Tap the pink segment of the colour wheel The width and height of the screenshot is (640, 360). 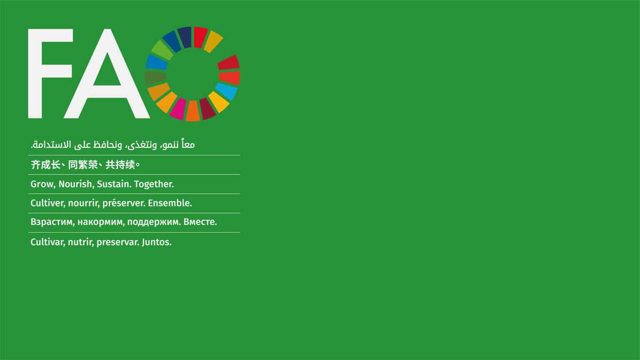click(x=178, y=109)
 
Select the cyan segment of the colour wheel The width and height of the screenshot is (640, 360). click(x=226, y=91)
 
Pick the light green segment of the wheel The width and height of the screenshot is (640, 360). click(x=162, y=50)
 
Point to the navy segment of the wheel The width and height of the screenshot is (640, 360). click(x=185, y=37)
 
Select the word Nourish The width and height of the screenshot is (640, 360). click(x=76, y=184)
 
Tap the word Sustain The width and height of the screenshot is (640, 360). click(x=114, y=184)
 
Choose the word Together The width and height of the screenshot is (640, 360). click(x=154, y=184)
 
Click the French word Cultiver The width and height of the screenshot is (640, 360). click(x=47, y=203)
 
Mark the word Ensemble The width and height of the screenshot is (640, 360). click(x=170, y=203)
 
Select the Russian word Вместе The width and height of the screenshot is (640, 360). click(x=200, y=222)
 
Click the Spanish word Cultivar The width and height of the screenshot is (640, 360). click(x=47, y=242)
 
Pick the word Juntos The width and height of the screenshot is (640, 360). click(x=157, y=242)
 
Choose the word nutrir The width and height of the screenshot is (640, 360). click(x=81, y=242)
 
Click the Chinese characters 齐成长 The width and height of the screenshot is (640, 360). click(x=45, y=165)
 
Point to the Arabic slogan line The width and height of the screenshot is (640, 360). click(x=113, y=145)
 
